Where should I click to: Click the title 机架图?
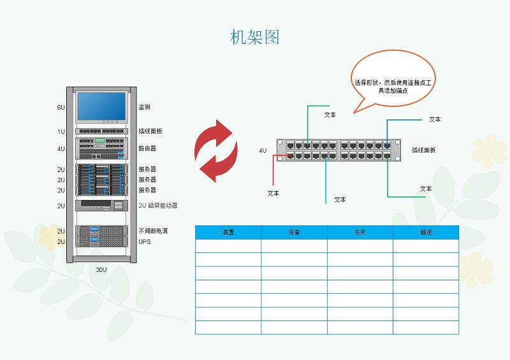click(x=255, y=37)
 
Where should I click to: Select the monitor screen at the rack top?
click(x=102, y=107)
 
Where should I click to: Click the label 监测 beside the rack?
click(x=145, y=107)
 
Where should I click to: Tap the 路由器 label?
click(x=147, y=148)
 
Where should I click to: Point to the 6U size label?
click(x=61, y=107)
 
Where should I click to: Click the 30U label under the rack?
click(x=101, y=270)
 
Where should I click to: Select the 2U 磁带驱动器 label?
click(x=157, y=206)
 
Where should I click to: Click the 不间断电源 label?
click(x=151, y=231)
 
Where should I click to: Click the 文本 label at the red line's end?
click(x=273, y=193)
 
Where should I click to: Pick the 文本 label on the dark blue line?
click(x=435, y=119)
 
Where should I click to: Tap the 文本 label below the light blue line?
click(x=340, y=199)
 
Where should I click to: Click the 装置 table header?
click(x=228, y=233)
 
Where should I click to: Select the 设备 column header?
click(x=294, y=233)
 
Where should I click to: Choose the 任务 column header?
click(x=360, y=233)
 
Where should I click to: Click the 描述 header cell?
click(x=426, y=233)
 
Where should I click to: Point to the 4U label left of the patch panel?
click(x=263, y=150)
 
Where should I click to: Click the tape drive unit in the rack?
click(x=102, y=206)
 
